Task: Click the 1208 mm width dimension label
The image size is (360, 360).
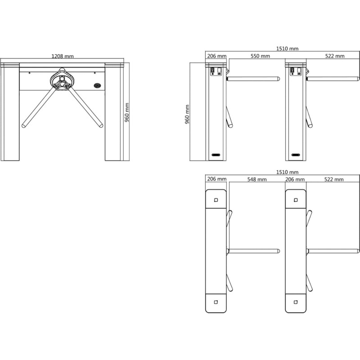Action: (x=63, y=56)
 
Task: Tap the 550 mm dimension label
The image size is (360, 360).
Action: (x=260, y=56)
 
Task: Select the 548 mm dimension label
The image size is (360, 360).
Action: (x=257, y=179)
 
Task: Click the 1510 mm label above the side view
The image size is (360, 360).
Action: (x=287, y=49)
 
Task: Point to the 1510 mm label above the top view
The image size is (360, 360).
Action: (x=287, y=172)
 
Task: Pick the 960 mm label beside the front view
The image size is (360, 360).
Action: (x=127, y=112)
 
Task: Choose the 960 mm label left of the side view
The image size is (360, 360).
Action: (x=187, y=114)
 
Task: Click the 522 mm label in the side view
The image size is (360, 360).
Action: (x=335, y=56)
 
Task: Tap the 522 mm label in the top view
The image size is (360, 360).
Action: (x=334, y=179)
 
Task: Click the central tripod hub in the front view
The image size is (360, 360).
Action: (x=62, y=81)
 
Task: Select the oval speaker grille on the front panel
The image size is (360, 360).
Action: (x=97, y=85)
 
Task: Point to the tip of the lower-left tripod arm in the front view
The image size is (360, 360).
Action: (x=23, y=126)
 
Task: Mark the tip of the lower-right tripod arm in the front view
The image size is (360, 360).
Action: (x=101, y=126)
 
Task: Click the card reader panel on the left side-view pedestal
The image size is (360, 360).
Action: (x=216, y=71)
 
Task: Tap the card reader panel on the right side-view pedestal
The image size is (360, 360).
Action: (x=296, y=71)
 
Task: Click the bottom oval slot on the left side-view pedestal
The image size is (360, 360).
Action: (x=216, y=155)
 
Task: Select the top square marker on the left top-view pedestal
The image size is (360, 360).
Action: (x=216, y=200)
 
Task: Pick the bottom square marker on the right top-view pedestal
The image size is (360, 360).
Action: (x=296, y=302)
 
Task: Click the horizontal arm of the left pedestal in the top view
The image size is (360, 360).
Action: (x=253, y=251)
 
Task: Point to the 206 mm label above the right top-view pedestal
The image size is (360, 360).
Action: (x=295, y=179)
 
